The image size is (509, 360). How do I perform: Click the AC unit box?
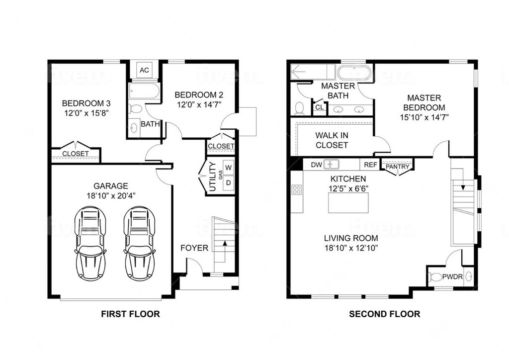tap(144, 70)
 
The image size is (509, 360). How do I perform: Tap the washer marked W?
tap(229, 168)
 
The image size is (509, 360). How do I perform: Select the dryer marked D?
tap(229, 183)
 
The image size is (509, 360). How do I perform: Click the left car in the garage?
tap(90, 244)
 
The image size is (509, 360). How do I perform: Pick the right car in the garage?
tap(140, 244)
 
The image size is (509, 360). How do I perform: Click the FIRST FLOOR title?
tap(131, 314)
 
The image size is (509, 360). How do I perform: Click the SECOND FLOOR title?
tap(385, 314)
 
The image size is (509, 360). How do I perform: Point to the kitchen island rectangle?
tap(348, 202)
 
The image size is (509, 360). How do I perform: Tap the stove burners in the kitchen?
tap(297, 189)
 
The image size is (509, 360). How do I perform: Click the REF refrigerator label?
tap(370, 165)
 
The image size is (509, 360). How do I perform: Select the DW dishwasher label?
tap(316, 165)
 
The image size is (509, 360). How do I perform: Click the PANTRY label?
tap(398, 167)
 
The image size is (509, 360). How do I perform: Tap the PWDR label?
tap(452, 277)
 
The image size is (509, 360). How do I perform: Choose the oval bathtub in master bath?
tap(354, 72)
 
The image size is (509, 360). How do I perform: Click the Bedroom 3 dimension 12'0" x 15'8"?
tap(86, 113)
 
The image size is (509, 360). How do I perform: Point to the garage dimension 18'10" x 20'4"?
tap(111, 195)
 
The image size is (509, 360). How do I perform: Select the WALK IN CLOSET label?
tap(332, 140)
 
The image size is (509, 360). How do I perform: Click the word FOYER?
tap(194, 248)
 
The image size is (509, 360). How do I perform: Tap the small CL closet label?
tap(320, 107)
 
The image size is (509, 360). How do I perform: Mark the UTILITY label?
tap(212, 177)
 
